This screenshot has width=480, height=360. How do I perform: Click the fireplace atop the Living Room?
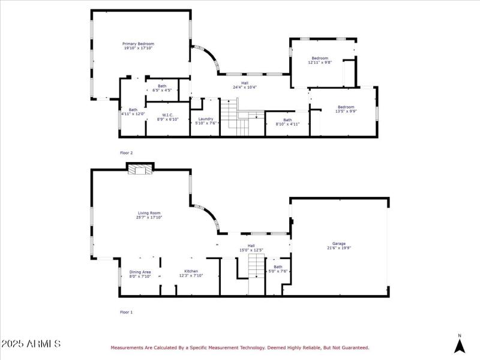pyautogui.click(x=140, y=169)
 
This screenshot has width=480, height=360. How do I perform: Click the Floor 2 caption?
pyautogui.click(x=127, y=153)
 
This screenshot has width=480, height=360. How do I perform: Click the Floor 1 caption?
pyautogui.click(x=127, y=312)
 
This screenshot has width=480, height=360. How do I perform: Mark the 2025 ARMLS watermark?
pyautogui.click(x=31, y=344)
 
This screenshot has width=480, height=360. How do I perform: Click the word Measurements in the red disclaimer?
pyautogui.click(x=128, y=347)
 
